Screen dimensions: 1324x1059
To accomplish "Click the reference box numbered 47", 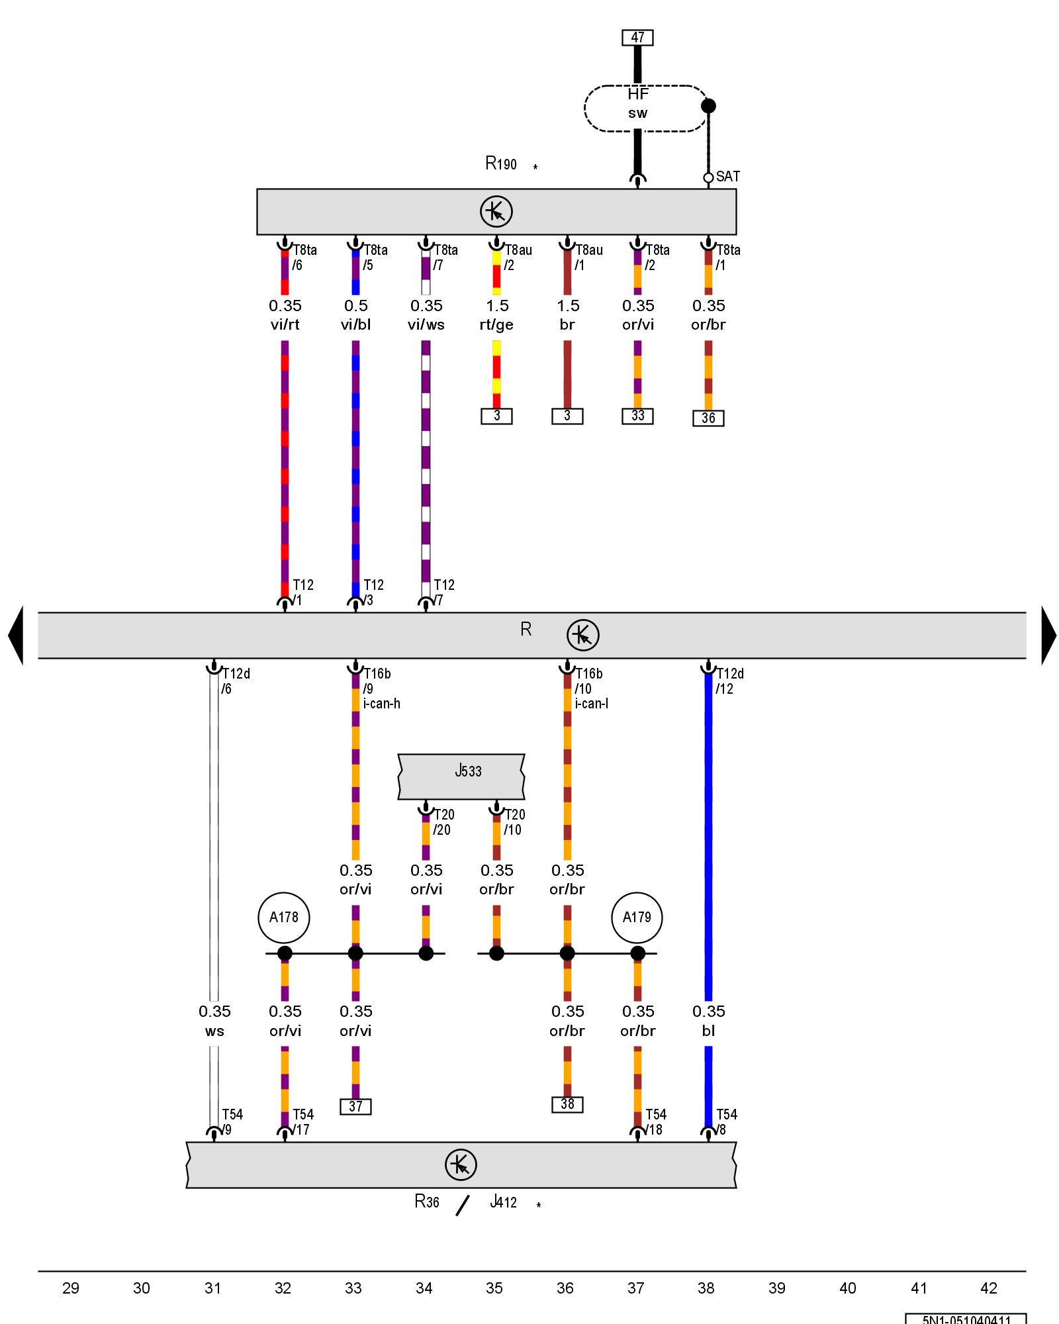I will (x=637, y=38).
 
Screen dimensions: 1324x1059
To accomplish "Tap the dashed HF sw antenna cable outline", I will (x=645, y=108).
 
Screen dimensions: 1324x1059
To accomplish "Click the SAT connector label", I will (x=727, y=177).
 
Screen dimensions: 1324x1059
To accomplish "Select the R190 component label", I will (x=501, y=164).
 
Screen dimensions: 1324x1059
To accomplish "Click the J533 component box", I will (x=461, y=776).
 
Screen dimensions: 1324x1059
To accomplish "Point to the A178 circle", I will (x=284, y=918).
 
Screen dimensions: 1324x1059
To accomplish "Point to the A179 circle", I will (x=637, y=918).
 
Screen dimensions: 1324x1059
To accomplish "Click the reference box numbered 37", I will (x=355, y=1107).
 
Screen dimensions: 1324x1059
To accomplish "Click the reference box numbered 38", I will (x=567, y=1104).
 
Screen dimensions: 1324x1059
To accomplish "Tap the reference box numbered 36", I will (x=708, y=418).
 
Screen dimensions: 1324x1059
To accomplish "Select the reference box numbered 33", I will (x=637, y=416).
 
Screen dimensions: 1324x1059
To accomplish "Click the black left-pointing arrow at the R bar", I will (x=16, y=636).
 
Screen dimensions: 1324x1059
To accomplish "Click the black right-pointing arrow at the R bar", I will (x=1048, y=636).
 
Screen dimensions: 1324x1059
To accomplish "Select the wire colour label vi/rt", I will (x=285, y=325).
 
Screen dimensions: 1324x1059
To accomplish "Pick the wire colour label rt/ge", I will (x=496, y=325).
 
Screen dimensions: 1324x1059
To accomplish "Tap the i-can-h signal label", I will (x=382, y=704).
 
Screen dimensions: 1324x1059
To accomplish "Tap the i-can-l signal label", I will (x=592, y=704).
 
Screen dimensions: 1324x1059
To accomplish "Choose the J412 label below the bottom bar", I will (x=504, y=1202).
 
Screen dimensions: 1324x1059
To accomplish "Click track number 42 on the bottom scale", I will (x=988, y=1288).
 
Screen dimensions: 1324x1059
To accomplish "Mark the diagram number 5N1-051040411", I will (x=966, y=1319).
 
